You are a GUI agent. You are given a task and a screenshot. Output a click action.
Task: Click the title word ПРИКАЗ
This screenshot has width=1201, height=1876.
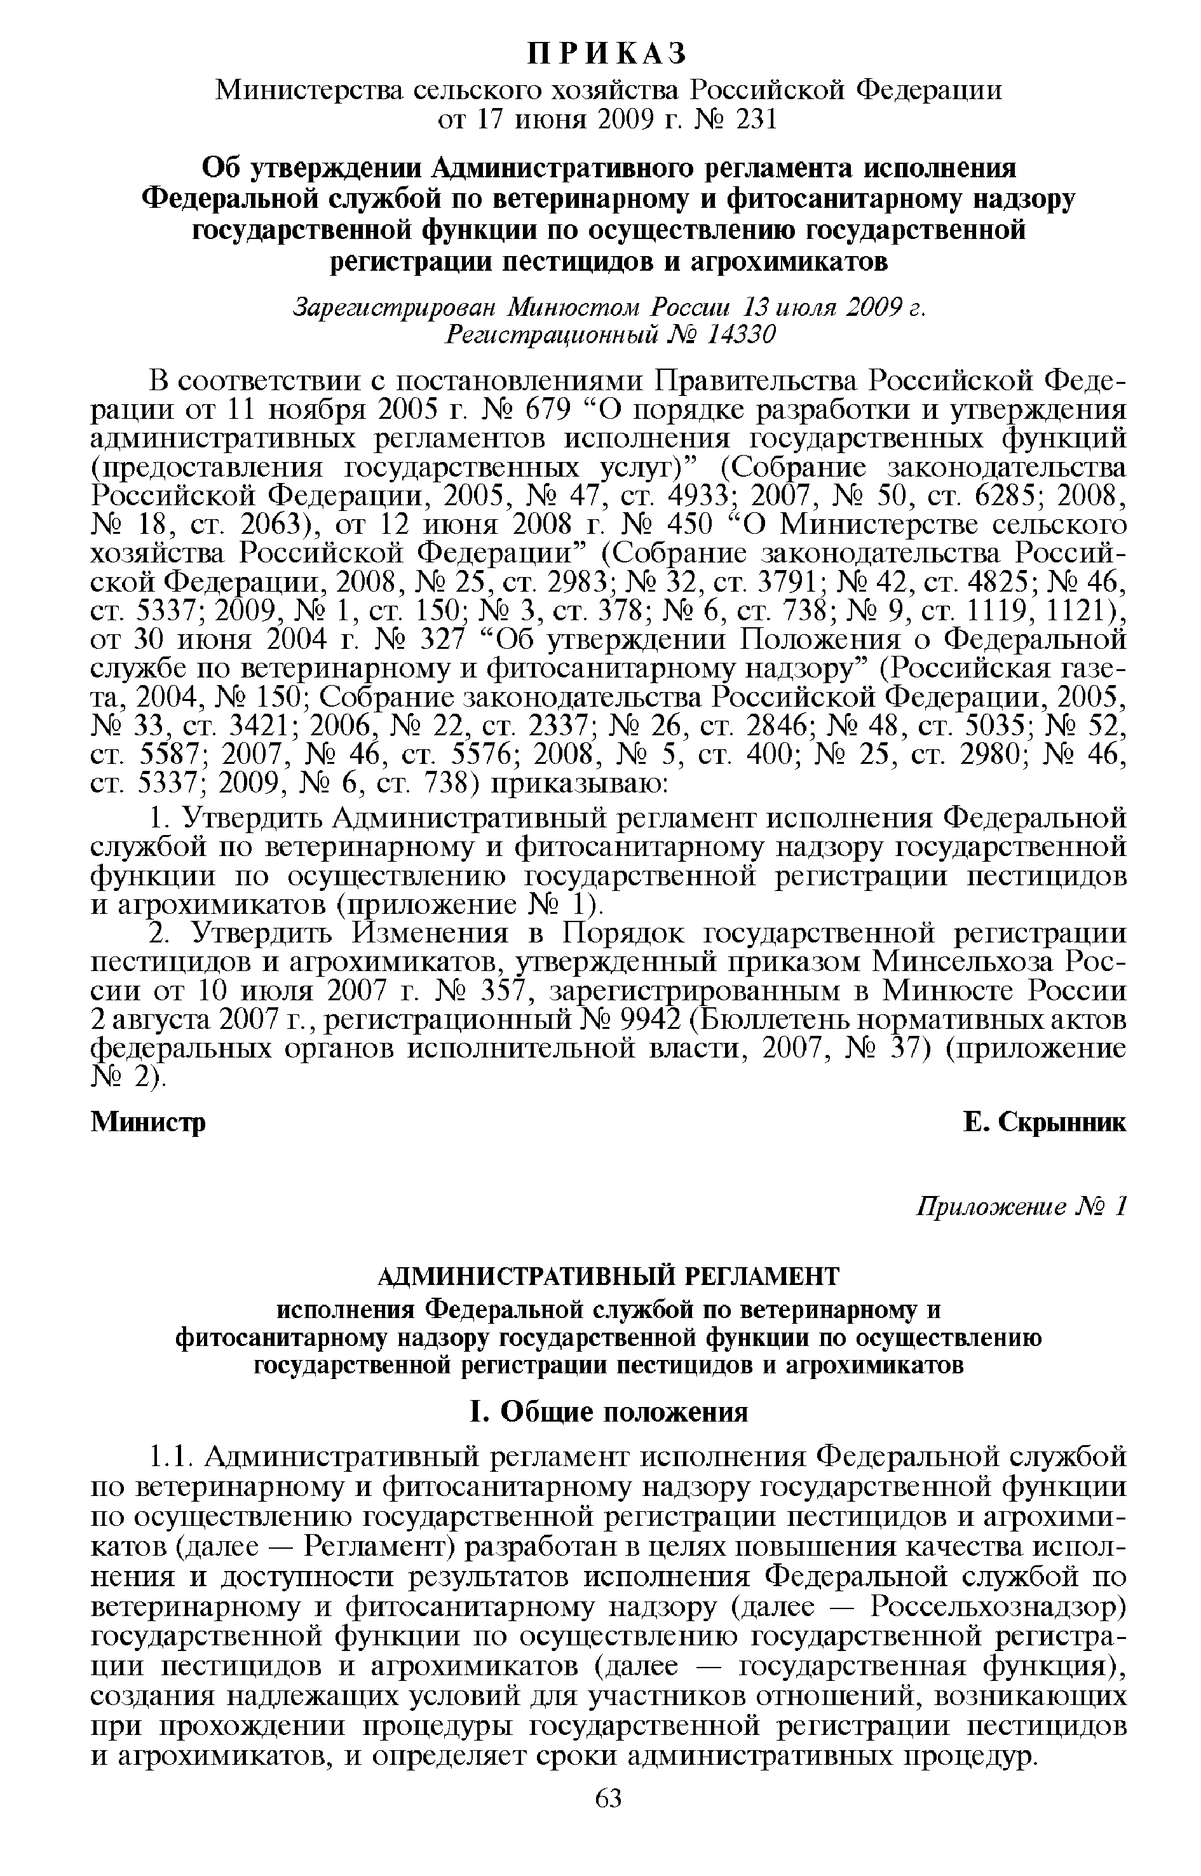tap(607, 52)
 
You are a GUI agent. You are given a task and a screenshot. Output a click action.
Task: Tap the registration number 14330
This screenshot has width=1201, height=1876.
tap(741, 334)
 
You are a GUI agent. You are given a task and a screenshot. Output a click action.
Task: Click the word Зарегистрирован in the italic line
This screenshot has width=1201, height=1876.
tap(395, 307)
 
